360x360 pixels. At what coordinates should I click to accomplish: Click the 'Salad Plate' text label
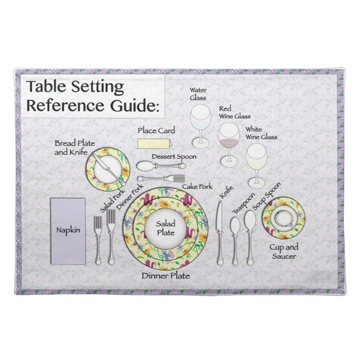[x=165, y=228]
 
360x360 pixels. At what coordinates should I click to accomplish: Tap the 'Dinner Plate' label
[x=165, y=276]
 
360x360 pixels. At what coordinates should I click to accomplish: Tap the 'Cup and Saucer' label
[x=285, y=250]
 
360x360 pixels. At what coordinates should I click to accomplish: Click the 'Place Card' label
[x=157, y=130]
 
